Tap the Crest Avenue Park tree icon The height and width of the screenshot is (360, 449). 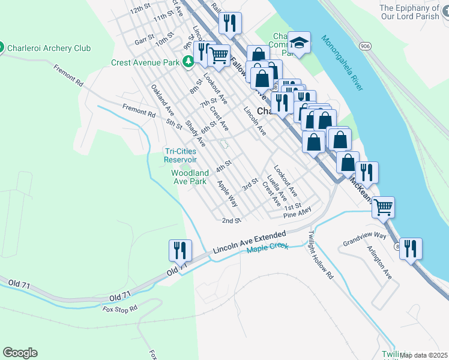coord(188,62)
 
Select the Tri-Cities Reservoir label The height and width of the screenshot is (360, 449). coord(181,155)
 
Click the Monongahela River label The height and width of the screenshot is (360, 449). coord(342,62)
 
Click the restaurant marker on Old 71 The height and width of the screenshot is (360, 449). coord(181,250)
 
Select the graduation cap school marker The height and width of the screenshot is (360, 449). coord(299,43)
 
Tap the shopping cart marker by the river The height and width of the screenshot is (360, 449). coord(383,208)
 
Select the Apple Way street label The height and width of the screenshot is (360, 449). coord(228,194)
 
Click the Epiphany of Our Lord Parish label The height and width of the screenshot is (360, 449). coord(414,12)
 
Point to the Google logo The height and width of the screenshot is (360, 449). coord(20,353)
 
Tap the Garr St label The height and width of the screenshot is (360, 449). coord(145,40)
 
